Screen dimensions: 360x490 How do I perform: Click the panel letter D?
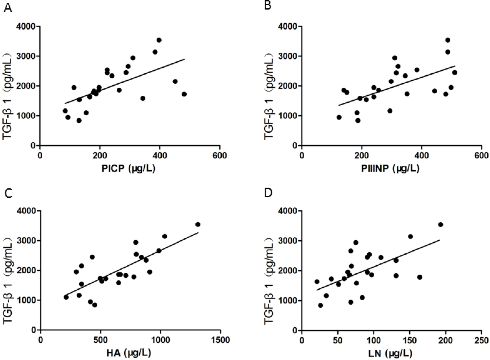tap(268, 193)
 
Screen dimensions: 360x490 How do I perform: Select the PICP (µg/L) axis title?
tap(128, 169)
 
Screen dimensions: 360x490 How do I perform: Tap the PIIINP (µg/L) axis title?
tap(390, 169)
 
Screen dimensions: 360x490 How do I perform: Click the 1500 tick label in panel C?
tap(220, 340)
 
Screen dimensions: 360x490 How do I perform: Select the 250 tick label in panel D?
tap(481, 340)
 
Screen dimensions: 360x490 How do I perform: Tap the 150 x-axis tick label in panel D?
tap(409, 340)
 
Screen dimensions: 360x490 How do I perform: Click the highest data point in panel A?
tap(159, 40)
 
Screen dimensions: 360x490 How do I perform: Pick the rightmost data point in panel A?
tap(184, 94)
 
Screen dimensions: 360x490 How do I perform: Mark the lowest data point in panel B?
tap(358, 121)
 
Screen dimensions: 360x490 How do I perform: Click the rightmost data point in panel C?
tap(198, 225)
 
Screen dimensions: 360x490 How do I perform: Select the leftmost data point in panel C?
tap(66, 297)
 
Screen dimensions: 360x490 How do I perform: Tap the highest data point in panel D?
tap(441, 225)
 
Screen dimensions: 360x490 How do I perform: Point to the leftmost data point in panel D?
tap(317, 282)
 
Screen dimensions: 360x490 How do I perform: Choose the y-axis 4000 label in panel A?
tap(26, 27)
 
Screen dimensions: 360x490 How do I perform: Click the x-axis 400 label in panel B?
tap(421, 155)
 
